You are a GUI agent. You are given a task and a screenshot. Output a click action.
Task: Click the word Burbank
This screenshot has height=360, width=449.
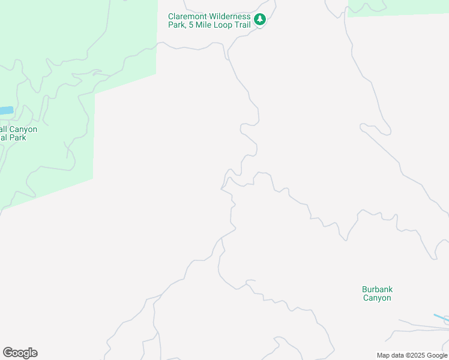coord(377,289)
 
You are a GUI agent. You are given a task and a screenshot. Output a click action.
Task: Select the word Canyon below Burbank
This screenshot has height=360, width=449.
coord(377,298)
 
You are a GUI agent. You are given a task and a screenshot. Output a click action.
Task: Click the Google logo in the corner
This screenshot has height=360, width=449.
coord(20,353)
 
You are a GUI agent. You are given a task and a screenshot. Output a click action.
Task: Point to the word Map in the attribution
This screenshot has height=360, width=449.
coord(384,355)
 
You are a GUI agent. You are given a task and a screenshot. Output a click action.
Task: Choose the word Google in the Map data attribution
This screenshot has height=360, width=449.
coord(436,355)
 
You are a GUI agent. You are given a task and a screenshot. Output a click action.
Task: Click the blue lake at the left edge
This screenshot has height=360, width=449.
coord(5,110)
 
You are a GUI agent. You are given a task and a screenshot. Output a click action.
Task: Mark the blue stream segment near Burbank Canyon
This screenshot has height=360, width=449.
coord(440,317)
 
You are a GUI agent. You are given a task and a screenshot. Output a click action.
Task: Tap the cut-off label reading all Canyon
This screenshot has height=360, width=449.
coord(19,129)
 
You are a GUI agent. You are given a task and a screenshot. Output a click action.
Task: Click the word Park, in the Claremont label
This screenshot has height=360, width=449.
coord(178,25)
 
